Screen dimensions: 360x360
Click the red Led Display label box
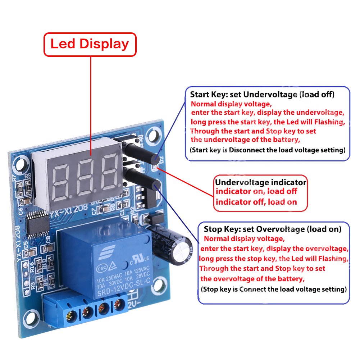pos(90,44)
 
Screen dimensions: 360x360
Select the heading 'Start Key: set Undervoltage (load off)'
pos(262,95)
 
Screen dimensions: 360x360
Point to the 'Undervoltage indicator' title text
pos(260,182)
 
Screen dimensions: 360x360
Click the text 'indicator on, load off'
pos(256,191)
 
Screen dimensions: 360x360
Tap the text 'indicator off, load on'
pos(256,202)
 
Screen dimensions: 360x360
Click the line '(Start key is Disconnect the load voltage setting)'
pos(267,150)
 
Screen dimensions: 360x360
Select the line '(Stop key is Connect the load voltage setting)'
pos(273,289)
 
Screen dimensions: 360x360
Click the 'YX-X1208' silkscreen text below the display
pos(65,214)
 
